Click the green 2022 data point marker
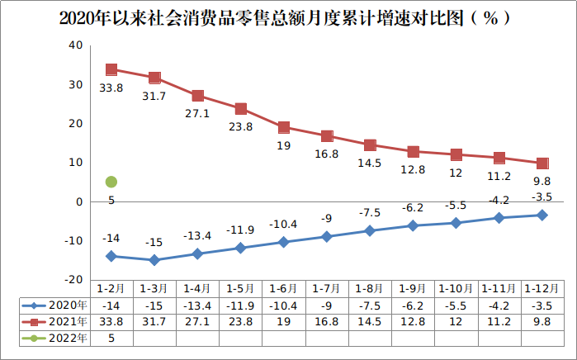coord(111,182)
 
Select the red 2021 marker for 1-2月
coord(111,69)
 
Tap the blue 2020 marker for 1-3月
coord(154,260)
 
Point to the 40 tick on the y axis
coord(76,45)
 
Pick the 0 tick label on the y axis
coord(79,201)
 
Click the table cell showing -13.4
coord(197,305)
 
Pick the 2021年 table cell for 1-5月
coord(240,321)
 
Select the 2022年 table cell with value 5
coord(111,338)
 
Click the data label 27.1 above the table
coord(197,114)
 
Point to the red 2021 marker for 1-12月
coord(542,163)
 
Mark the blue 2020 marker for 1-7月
coord(327,237)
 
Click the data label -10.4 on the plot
coord(283,224)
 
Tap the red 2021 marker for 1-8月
coord(370,145)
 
